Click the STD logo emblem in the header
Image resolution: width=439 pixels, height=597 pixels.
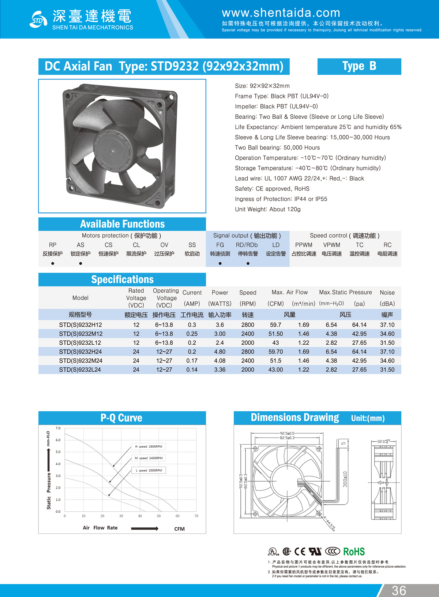click(x=38, y=19)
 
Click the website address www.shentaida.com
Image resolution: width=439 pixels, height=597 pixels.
click(x=281, y=13)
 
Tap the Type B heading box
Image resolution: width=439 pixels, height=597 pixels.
click(x=359, y=66)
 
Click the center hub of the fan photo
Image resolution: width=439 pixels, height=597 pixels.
click(x=113, y=151)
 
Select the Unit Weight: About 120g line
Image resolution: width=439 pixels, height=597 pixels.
click(x=267, y=209)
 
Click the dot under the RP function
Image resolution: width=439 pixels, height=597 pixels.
click(x=53, y=263)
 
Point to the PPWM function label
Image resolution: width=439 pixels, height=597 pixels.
click(x=304, y=245)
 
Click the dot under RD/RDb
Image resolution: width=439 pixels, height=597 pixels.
click(x=248, y=263)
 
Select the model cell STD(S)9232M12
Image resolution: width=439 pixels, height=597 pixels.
click(x=80, y=334)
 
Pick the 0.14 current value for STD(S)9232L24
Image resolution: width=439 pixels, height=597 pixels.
click(x=192, y=370)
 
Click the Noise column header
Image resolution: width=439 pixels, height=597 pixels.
click(x=387, y=293)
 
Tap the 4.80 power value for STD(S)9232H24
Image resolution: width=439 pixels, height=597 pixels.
click(x=219, y=352)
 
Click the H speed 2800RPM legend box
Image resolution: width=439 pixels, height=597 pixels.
click(x=149, y=446)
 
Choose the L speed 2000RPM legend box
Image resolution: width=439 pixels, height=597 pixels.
click(x=149, y=470)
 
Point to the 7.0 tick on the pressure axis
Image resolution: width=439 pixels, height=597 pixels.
click(x=58, y=428)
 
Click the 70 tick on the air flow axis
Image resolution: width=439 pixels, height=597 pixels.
click(x=196, y=516)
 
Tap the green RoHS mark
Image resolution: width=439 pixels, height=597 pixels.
click(x=354, y=552)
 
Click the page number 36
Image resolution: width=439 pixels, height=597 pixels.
click(x=399, y=590)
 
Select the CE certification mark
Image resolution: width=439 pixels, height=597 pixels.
click(x=300, y=552)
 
